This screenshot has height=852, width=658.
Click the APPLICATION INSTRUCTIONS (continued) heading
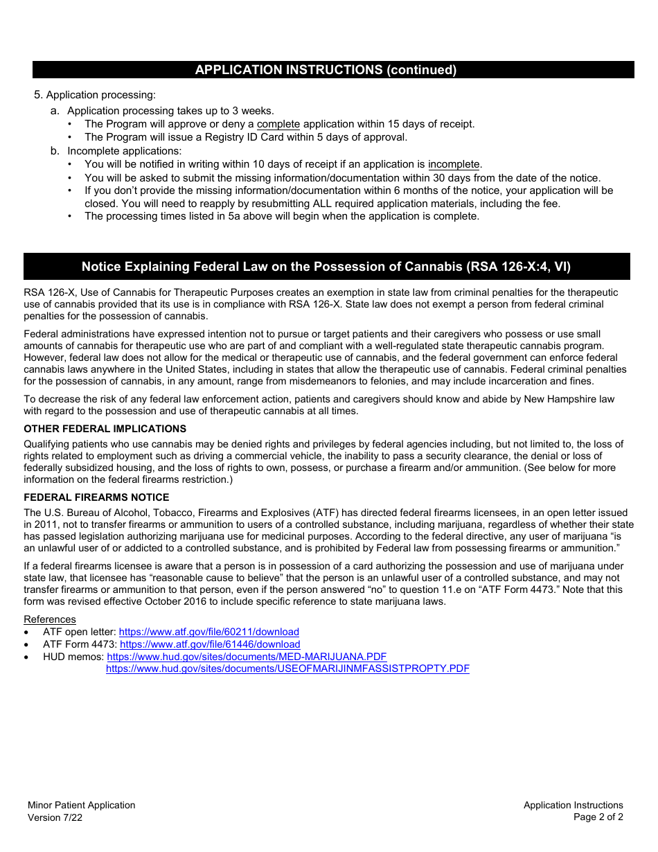pos(326,70)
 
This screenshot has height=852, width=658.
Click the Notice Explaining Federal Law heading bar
pos(326,267)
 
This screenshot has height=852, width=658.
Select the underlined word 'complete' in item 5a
pos(278,124)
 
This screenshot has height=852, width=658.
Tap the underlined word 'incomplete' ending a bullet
pos(454,165)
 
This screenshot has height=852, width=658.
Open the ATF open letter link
pos(208,632)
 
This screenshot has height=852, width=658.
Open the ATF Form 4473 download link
pos(210,644)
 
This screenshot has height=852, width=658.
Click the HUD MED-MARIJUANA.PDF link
pos(247,657)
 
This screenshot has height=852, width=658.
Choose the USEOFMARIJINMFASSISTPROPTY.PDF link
pos(287,669)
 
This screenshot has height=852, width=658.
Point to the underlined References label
pos(50,619)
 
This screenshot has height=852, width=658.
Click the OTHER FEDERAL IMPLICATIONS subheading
pos(105,429)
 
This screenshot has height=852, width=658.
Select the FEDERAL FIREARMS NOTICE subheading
pos(96,497)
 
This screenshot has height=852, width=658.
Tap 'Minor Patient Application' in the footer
pos(81,805)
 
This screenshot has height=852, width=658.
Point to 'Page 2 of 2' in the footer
pos(598,817)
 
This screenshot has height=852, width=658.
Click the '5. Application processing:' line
pos(95,95)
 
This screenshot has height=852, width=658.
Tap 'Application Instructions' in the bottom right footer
pos(573,805)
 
